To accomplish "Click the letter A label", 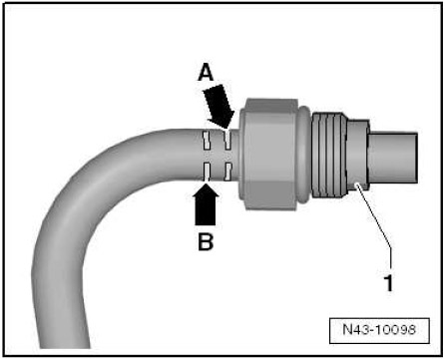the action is (206, 73).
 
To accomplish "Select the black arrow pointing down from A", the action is (218, 106).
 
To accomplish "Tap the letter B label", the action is (206, 241).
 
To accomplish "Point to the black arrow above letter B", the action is (206, 203).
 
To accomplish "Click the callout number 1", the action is (388, 283).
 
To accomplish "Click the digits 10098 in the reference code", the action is (396, 329).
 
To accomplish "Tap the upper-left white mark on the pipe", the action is (207, 141).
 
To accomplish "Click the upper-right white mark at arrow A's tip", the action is (227, 140).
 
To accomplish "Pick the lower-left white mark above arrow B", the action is (207, 172).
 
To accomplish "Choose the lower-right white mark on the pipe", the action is (228, 172).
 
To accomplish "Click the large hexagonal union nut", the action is (270, 154).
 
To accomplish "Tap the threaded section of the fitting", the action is (328, 155).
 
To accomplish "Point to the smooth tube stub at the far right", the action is (393, 158).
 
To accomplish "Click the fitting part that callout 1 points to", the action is (357, 155).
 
